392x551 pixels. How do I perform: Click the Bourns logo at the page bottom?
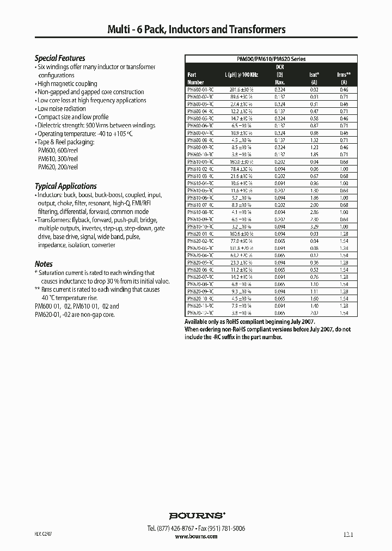pyautogui.click(x=197, y=515)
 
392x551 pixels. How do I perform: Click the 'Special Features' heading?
pyautogui.click(x=60, y=58)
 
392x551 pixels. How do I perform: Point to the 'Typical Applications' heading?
pyautogui.click(x=66, y=186)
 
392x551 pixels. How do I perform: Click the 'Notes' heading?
pyautogui.click(x=44, y=264)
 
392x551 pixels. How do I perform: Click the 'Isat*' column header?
pyautogui.click(x=314, y=75)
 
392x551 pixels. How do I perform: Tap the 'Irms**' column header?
pyautogui.click(x=344, y=75)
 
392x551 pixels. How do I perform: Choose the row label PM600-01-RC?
pyautogui.click(x=200, y=89)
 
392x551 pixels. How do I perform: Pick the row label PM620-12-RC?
pyautogui.click(x=200, y=313)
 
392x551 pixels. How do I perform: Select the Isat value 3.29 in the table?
pyautogui.click(x=314, y=226)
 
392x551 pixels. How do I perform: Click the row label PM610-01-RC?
pyautogui.click(x=200, y=162)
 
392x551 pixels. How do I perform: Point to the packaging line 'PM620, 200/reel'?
pyautogui.click(x=58, y=167)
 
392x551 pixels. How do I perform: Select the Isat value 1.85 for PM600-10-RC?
pyautogui.click(x=314, y=155)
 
